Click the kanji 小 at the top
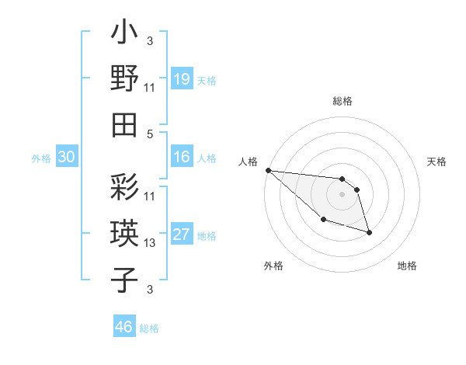(x=125, y=35)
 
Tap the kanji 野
(x=125, y=79)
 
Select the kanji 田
(x=125, y=123)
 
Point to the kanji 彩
(x=125, y=189)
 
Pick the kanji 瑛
(x=125, y=234)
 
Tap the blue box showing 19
(x=181, y=78)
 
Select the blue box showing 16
(x=181, y=157)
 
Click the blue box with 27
(x=181, y=235)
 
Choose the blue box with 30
(x=66, y=157)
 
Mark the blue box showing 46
(x=123, y=327)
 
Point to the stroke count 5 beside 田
(x=150, y=133)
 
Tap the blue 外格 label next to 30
(x=41, y=158)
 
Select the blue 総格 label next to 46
(x=149, y=328)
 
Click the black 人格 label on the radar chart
(x=249, y=162)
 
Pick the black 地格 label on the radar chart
(x=407, y=266)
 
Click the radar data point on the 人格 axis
(x=268, y=170)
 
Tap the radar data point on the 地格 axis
(x=369, y=232)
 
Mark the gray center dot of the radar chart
(x=342, y=194)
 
